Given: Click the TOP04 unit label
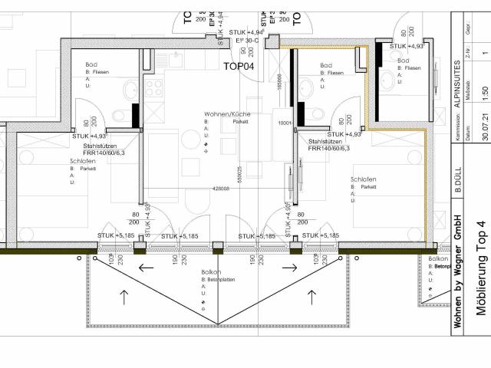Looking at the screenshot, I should (239, 67).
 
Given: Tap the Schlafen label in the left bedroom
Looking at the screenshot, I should (82, 162).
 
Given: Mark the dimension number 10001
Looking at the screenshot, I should (285, 123).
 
